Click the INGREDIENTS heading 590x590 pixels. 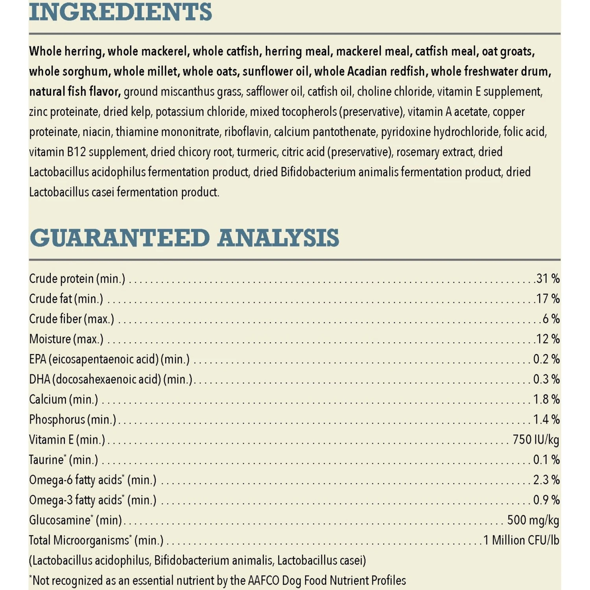click(x=120, y=12)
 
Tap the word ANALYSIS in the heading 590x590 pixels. click(x=278, y=238)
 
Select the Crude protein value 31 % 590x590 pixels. click(x=548, y=278)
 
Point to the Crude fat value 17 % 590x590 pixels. click(x=548, y=299)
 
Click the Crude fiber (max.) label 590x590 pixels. click(x=72, y=319)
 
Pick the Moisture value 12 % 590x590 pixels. click(x=548, y=339)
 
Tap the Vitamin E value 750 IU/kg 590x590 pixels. click(x=536, y=440)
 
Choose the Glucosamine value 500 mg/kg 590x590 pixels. click(x=533, y=520)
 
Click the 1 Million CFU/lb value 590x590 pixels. click(x=521, y=540)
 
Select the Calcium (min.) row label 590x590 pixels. click(x=63, y=400)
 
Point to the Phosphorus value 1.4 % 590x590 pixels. click(x=546, y=420)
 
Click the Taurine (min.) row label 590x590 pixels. click(x=63, y=460)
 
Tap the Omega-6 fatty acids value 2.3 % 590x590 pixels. click(x=546, y=480)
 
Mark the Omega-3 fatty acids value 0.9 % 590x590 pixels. click(x=546, y=500)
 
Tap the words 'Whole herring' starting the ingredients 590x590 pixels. click(x=66, y=51)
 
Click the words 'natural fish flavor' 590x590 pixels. click(x=74, y=92)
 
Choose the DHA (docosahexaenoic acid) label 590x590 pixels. click(x=111, y=380)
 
